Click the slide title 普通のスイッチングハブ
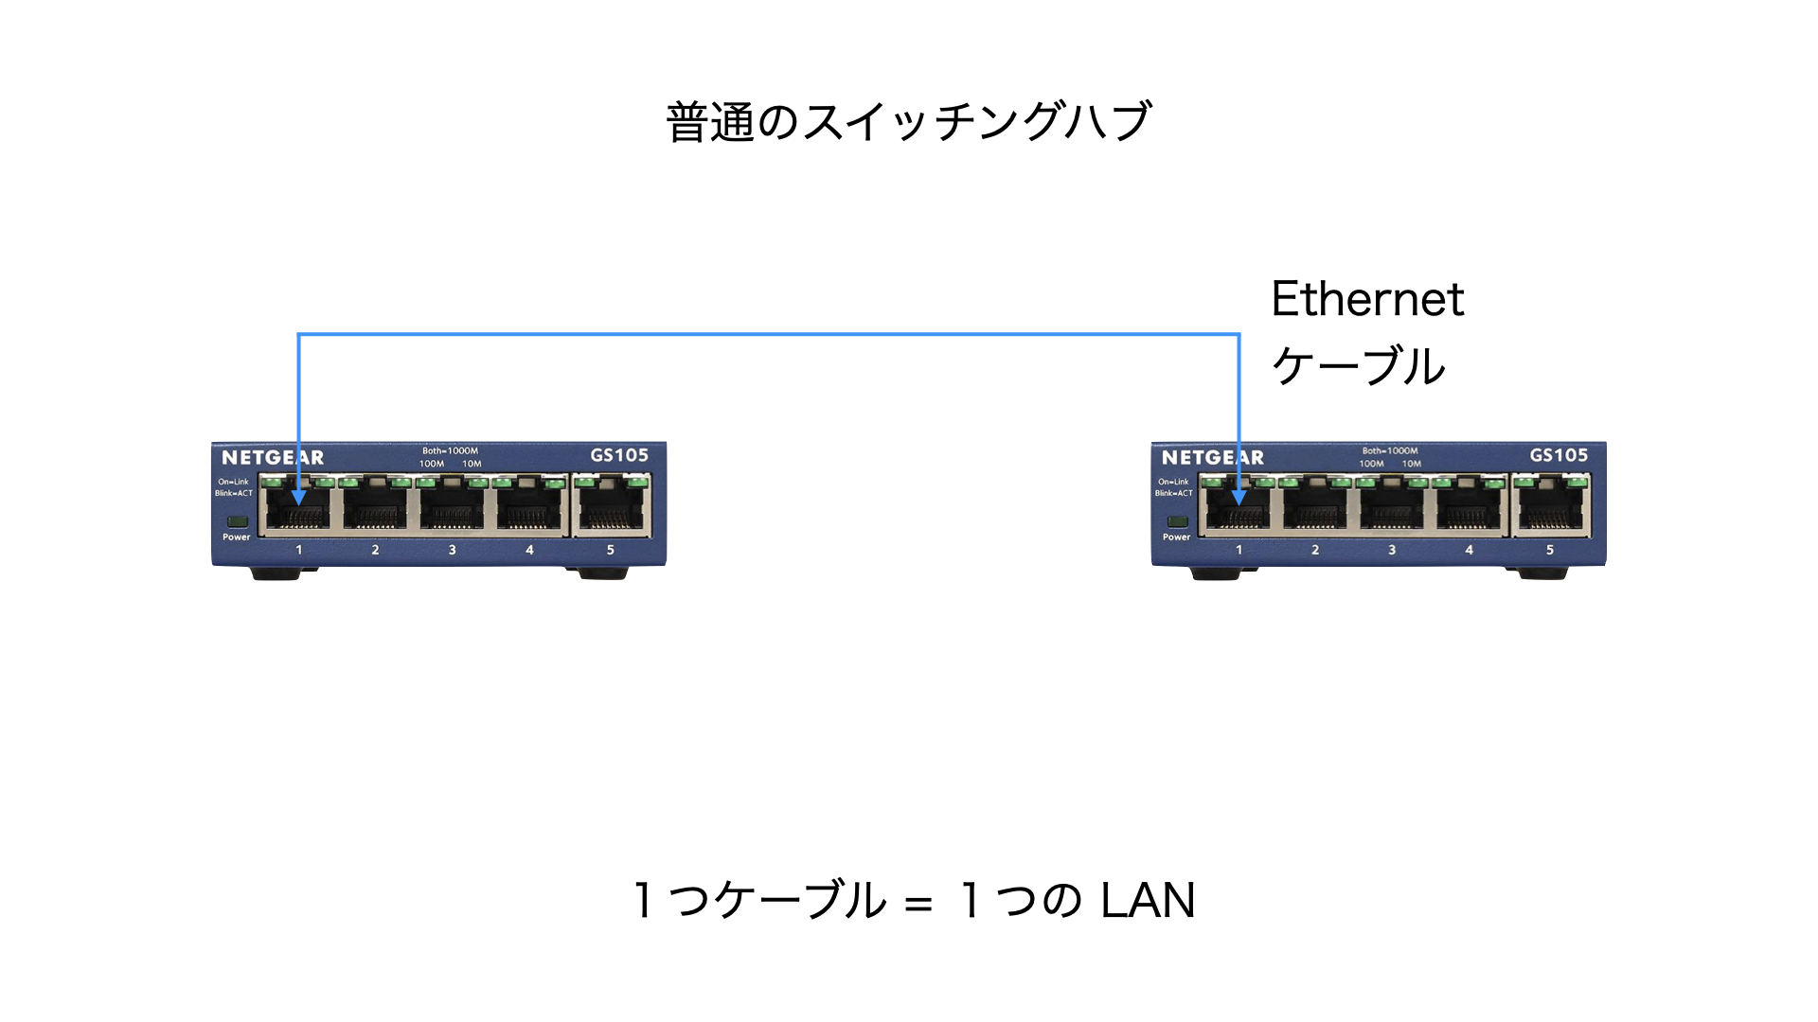(x=909, y=122)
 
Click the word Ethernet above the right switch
(x=1367, y=299)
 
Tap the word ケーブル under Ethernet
(x=1359, y=366)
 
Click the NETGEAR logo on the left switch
(x=273, y=458)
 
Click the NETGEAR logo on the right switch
(x=1213, y=458)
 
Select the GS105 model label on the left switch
(x=619, y=455)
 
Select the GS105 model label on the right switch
(x=1559, y=455)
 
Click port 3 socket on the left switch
(x=452, y=510)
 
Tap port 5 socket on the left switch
(x=612, y=510)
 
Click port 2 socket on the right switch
(x=1315, y=510)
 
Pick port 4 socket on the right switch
(x=1469, y=510)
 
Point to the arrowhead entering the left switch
(x=298, y=497)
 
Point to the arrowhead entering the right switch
(x=1239, y=497)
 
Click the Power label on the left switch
(x=237, y=537)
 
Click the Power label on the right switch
(x=1177, y=537)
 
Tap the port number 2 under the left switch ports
(x=375, y=550)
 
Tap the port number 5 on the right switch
(x=1550, y=550)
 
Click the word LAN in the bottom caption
(x=1148, y=900)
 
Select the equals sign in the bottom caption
(x=918, y=904)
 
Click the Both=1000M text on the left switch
(x=450, y=451)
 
